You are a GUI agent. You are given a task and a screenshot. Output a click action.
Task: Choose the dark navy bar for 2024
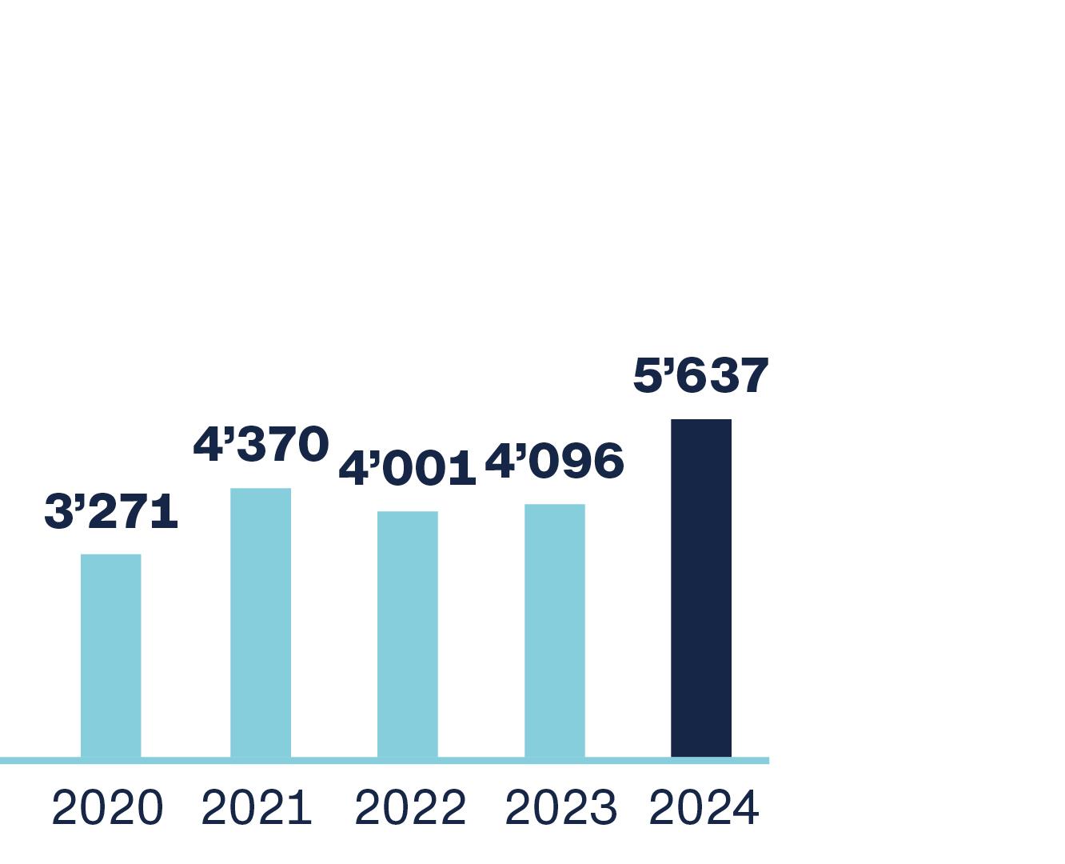coord(701,587)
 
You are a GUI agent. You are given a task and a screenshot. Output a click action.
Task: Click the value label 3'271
coord(111,512)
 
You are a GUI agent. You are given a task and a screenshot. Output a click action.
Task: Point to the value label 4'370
coord(261,444)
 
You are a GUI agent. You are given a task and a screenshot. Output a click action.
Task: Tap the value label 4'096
coord(554,462)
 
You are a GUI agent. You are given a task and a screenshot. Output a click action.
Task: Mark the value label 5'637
coord(700,375)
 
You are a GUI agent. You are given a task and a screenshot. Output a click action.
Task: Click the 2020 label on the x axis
coord(107,808)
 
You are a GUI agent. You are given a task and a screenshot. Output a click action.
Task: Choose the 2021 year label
coord(256,808)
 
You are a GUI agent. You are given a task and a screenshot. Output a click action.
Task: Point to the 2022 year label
coord(409,808)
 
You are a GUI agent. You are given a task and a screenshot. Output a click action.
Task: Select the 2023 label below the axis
coord(560,808)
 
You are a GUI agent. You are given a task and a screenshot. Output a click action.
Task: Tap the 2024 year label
coord(704,808)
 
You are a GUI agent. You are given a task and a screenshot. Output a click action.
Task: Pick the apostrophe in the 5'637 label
coord(668,366)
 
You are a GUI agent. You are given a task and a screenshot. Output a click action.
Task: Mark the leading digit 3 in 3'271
coord(58,512)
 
